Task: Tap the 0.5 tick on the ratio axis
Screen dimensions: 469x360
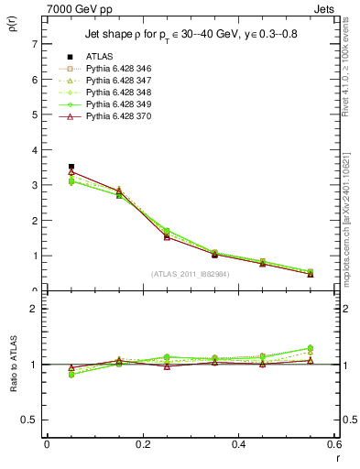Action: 30,420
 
